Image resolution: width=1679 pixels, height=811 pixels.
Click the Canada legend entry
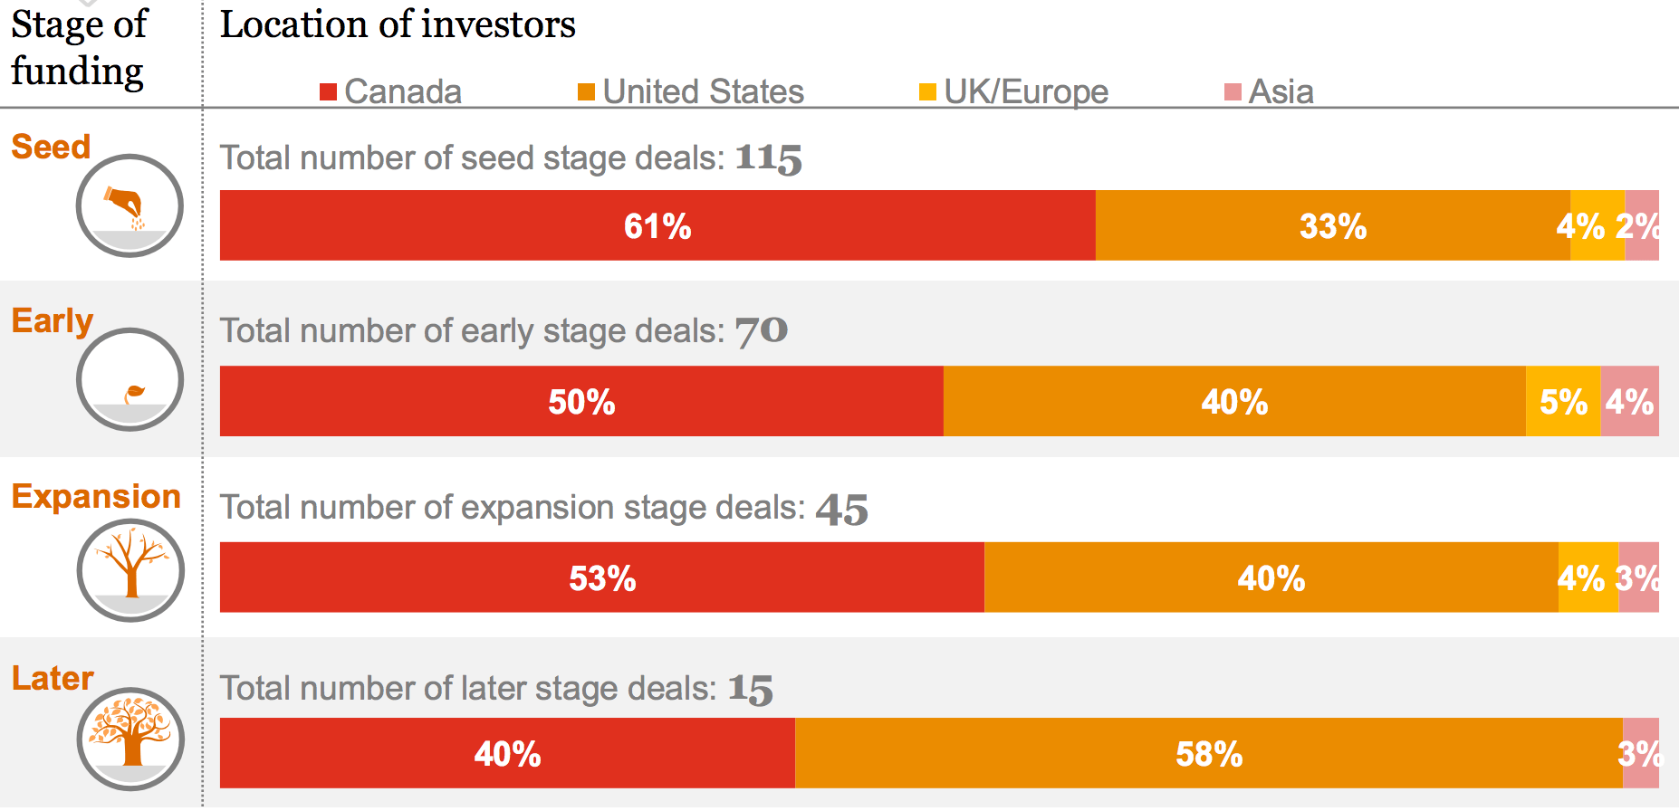pos(391,91)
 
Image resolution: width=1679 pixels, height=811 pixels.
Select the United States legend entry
pos(691,91)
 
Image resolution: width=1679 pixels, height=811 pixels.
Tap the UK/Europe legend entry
pos(1014,91)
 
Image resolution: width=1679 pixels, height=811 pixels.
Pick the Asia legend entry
pos(1270,91)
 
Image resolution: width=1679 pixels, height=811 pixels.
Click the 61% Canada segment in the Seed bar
pos(657,225)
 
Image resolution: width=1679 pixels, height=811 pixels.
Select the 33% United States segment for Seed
pos(1332,225)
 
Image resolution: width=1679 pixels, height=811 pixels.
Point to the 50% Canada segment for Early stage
pos(581,401)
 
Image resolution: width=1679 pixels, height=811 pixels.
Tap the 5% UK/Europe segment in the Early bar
pos(1563,401)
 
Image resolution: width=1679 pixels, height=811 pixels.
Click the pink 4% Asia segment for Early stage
pos(1630,401)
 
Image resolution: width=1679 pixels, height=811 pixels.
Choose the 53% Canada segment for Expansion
pos(602,577)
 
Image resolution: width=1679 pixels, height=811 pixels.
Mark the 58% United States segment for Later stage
pos(1209,753)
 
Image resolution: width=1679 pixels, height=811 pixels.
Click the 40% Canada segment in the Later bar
pos(507,753)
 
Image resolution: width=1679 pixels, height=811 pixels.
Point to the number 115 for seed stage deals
pos(768,158)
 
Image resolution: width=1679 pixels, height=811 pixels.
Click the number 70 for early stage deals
pos(761,331)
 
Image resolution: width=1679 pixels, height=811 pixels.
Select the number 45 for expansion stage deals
pos(841,509)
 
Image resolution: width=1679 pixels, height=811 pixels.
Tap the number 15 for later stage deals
pos(751,690)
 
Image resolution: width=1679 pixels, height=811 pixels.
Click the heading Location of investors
pos(398,24)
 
